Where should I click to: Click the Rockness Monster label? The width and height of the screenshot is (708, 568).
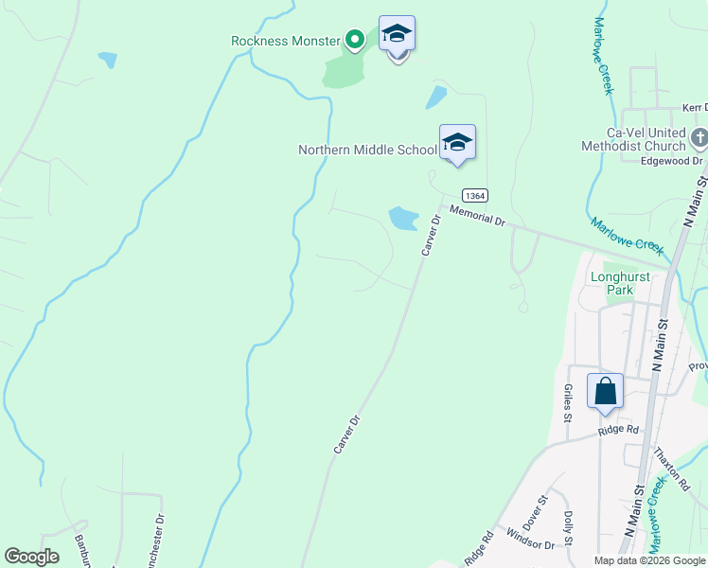(x=285, y=41)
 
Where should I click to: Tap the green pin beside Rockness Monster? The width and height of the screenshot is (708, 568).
(x=354, y=39)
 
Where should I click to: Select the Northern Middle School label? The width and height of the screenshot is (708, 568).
(x=367, y=150)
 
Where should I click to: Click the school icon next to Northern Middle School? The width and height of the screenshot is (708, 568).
(x=457, y=143)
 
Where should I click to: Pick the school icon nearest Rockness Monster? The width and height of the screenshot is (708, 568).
(x=398, y=35)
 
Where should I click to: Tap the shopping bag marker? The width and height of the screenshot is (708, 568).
(x=605, y=391)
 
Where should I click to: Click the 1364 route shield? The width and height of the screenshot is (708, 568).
(x=476, y=195)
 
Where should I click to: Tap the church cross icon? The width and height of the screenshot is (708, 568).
(x=699, y=138)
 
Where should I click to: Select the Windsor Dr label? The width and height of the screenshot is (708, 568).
(x=529, y=545)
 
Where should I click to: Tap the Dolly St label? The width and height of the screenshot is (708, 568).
(x=569, y=528)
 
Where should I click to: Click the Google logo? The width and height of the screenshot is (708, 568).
(x=31, y=557)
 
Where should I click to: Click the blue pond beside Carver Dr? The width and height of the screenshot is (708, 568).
(x=403, y=219)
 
